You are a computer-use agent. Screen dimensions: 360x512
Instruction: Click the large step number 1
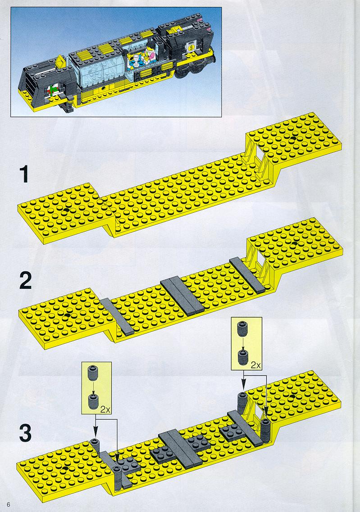[x=24, y=174]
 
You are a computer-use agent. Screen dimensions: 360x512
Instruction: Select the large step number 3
[x=26, y=433]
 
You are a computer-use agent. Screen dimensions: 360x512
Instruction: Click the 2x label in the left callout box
[x=105, y=409]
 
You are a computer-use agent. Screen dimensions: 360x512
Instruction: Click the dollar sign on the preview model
[x=190, y=48]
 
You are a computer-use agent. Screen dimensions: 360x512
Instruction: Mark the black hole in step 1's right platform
[x=293, y=138]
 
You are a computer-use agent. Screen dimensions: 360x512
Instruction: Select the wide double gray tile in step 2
[x=182, y=296]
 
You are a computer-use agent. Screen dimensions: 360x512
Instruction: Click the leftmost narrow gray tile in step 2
[x=118, y=317]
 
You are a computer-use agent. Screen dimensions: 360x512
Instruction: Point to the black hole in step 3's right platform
[x=292, y=397]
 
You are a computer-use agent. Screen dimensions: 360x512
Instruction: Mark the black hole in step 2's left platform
[x=67, y=315]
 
